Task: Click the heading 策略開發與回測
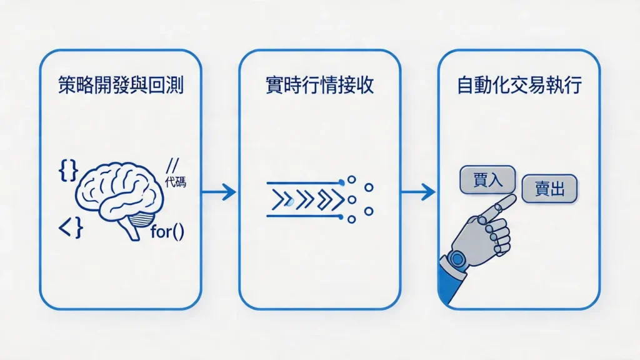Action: [120, 86]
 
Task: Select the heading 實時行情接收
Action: [319, 86]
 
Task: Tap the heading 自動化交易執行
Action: [519, 86]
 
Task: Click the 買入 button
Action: [487, 179]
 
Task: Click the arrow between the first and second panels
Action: [219, 192]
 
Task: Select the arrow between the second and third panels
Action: [418, 192]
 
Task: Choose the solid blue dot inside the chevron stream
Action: [289, 201]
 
